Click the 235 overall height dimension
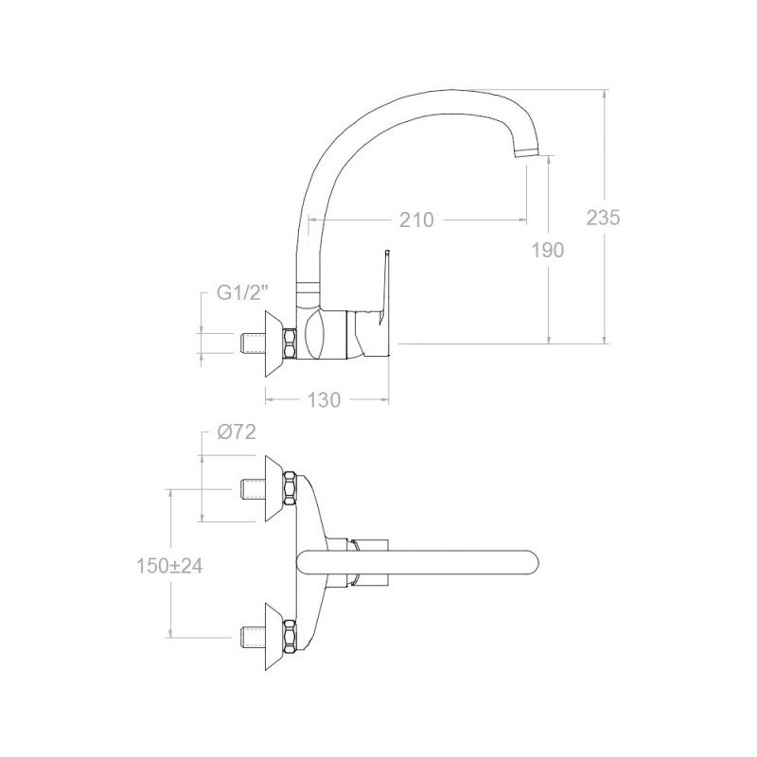click(x=603, y=218)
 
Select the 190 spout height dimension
click(x=548, y=250)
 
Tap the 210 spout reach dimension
click(x=416, y=220)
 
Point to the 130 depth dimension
click(x=324, y=399)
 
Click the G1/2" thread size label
click(x=242, y=292)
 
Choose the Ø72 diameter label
click(x=236, y=432)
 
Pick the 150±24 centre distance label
click(x=169, y=566)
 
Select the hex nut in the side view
click(x=290, y=343)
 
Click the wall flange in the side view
click(x=273, y=343)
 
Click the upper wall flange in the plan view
click(x=273, y=488)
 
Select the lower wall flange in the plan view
click(x=273, y=637)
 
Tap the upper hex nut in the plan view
click(x=290, y=488)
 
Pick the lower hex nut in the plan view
click(x=290, y=637)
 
